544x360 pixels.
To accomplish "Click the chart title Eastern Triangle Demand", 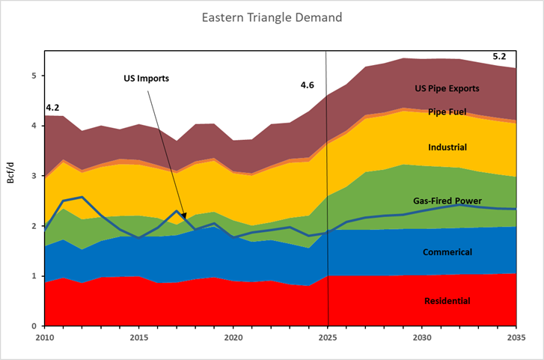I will click(x=272, y=16).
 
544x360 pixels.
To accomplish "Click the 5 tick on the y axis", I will click(x=34, y=76).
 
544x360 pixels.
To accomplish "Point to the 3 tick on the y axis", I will click(x=34, y=176).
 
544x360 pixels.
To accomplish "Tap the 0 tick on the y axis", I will click(x=34, y=326).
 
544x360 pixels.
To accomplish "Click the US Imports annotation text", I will click(x=147, y=77).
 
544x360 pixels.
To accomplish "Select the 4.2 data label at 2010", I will click(x=53, y=108).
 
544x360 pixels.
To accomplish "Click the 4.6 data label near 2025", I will click(x=307, y=85).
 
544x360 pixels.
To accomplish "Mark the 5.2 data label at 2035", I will click(x=500, y=56).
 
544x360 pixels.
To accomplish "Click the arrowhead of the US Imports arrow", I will click(x=184, y=217).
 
